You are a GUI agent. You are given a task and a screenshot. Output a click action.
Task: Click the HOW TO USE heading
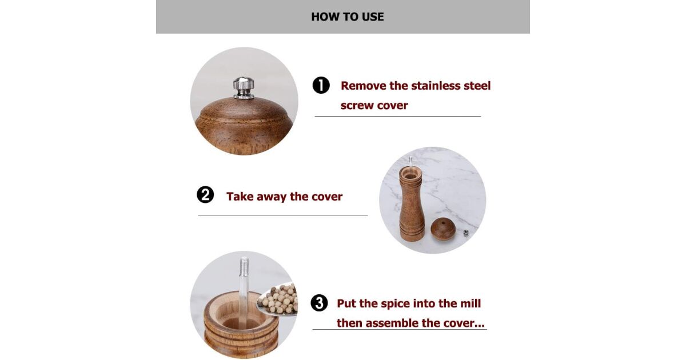pos(348,17)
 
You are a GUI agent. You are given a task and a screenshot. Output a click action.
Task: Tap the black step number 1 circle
pos(321,85)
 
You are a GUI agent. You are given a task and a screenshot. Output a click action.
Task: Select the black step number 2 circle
pos(205,195)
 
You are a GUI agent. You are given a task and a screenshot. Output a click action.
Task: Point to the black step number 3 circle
pos(319,303)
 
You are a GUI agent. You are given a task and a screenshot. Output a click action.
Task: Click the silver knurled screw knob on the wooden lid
pos(244,88)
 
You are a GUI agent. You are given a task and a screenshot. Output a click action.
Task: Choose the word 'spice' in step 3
pos(395,304)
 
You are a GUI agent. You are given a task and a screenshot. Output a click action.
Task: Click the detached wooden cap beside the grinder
pos(443,229)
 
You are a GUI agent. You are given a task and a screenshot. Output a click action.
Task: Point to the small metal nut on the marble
pos(466,233)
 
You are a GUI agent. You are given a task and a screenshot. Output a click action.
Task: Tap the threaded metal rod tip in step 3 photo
pos(244,266)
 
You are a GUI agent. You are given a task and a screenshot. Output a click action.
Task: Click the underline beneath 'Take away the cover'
pos(282,215)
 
